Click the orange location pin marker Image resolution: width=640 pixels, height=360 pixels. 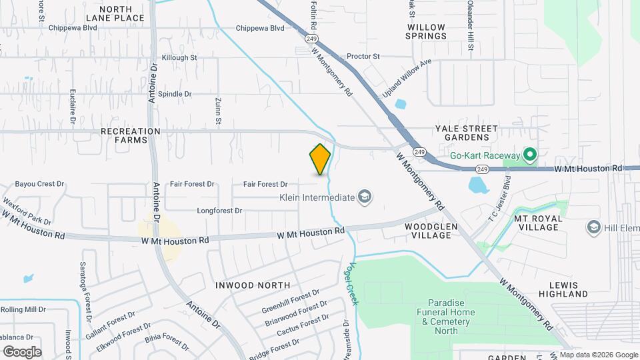click(320, 159)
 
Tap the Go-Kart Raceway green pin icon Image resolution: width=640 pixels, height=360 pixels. click(530, 155)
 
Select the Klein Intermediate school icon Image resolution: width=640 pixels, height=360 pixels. click(364, 197)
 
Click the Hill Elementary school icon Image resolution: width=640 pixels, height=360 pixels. click(593, 228)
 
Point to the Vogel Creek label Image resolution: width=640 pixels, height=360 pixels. click(352, 283)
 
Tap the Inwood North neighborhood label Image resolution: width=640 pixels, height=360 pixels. click(253, 285)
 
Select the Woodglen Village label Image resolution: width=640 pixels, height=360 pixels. click(432, 231)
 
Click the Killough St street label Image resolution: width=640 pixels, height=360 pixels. click(175, 58)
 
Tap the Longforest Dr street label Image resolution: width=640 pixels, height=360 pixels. click(219, 211)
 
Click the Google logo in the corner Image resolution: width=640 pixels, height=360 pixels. click(22, 351)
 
